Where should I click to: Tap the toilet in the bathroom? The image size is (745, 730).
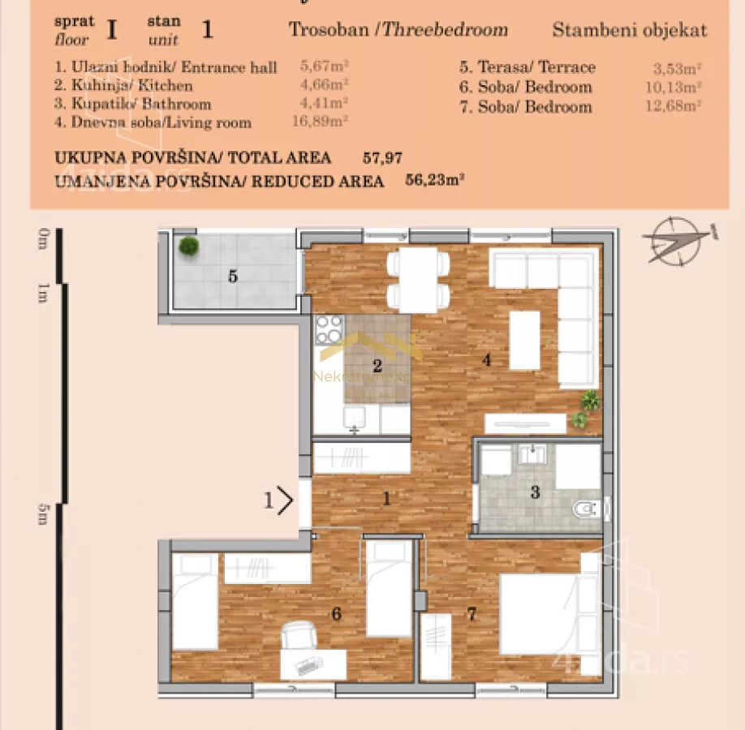click(x=587, y=509)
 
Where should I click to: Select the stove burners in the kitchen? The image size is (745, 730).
click(x=329, y=329)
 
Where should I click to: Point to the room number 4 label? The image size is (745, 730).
click(x=487, y=360)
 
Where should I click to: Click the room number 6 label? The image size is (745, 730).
click(x=336, y=614)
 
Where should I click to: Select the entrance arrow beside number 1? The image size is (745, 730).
click(x=284, y=500)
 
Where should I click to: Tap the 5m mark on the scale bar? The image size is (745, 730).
click(x=42, y=514)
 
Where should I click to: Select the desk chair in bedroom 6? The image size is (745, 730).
click(x=299, y=634)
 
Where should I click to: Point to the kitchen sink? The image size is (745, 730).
click(x=355, y=419)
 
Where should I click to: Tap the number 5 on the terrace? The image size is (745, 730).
click(x=233, y=277)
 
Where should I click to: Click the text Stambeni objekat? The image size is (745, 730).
click(x=629, y=31)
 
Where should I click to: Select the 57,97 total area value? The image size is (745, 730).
click(x=383, y=158)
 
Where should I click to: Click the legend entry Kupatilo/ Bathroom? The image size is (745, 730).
click(x=132, y=104)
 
